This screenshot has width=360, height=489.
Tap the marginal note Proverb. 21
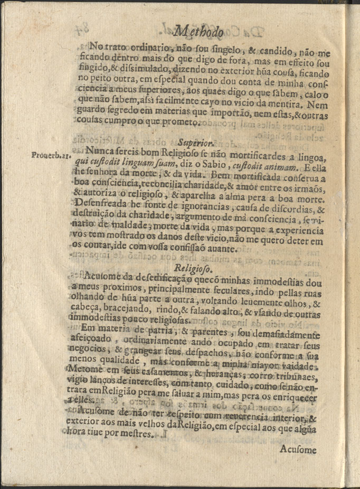49,155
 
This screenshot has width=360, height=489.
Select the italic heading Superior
195,142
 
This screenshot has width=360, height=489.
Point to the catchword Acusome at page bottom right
299,450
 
